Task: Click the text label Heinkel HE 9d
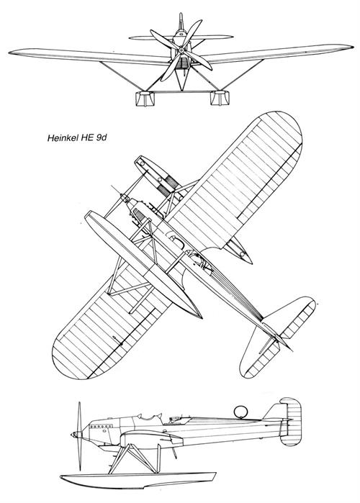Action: pos(77,138)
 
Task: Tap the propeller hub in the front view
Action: pos(181,50)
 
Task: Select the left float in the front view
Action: pos(145,99)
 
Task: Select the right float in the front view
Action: pos(220,98)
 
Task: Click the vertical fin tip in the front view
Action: pos(181,14)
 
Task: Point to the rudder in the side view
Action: pos(290,422)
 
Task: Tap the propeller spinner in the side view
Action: pos(76,435)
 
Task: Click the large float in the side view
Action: pos(138,480)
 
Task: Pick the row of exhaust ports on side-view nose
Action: pos(101,427)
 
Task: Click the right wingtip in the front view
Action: pos(351,47)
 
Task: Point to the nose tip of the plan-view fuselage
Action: pos(122,195)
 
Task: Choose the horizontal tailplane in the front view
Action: pos(181,37)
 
